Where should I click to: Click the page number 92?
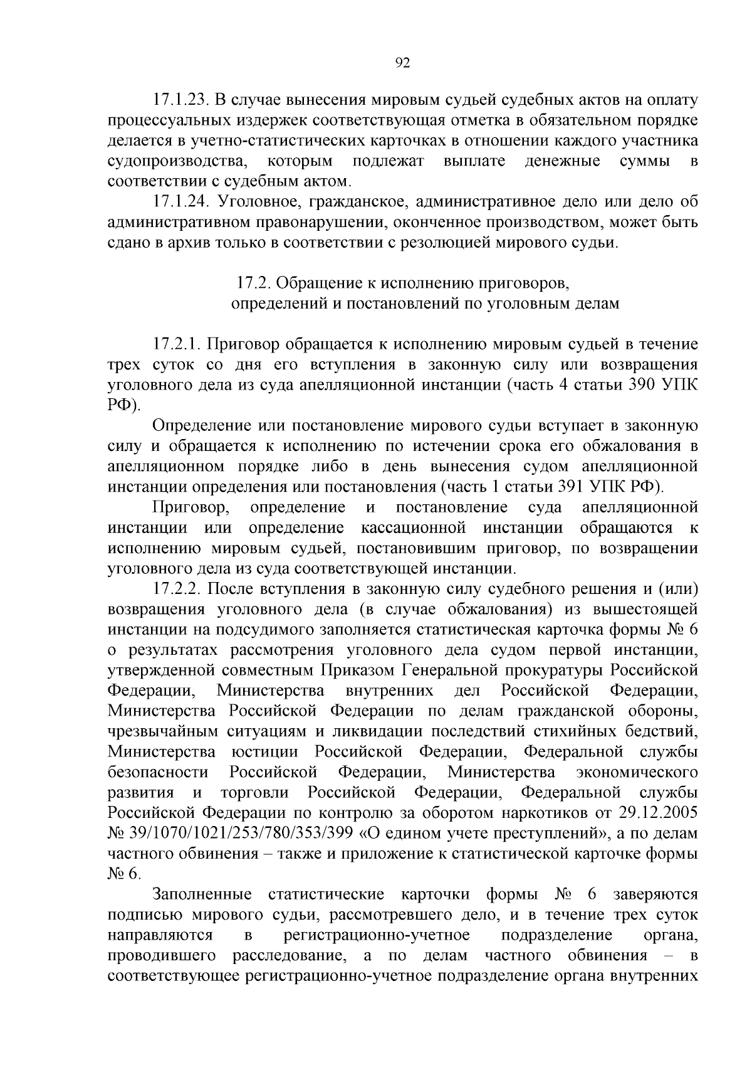click(x=403, y=63)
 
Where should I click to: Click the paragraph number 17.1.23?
click(x=180, y=100)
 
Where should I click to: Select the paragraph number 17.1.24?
click(x=180, y=202)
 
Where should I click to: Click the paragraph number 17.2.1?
click(x=176, y=344)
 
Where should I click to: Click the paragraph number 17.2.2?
click(x=176, y=590)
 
